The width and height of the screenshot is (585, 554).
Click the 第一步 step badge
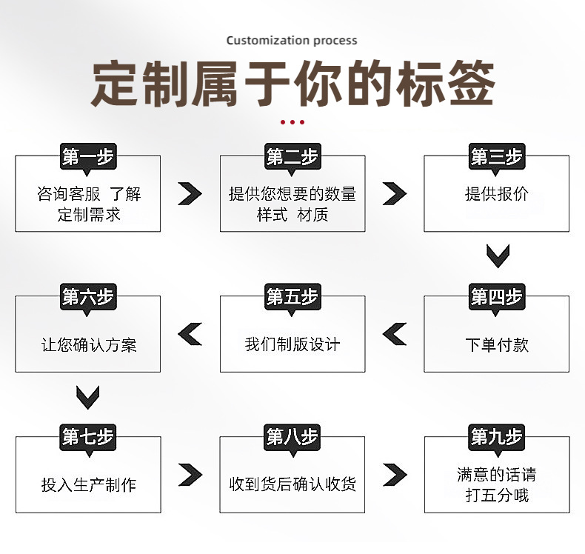click(x=88, y=157)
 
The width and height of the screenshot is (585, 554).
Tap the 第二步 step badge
click(x=292, y=157)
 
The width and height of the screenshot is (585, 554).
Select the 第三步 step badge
click(x=497, y=157)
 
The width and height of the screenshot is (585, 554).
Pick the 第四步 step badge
click(x=497, y=298)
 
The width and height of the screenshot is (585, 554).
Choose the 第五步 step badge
click(x=292, y=298)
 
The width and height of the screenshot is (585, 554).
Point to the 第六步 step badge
click(x=88, y=298)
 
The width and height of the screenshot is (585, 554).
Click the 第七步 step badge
click(x=88, y=437)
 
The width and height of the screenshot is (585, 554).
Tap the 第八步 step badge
click(x=292, y=437)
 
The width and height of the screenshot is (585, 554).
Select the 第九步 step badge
click(x=497, y=437)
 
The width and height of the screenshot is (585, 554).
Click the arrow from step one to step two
click(x=190, y=194)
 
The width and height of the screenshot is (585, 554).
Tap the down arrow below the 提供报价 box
click(x=498, y=256)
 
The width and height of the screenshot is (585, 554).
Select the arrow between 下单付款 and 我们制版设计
click(x=395, y=335)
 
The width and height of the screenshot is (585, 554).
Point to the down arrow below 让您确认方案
click(x=88, y=398)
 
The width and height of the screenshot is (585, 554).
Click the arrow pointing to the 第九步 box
click(x=395, y=474)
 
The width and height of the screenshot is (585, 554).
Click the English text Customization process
click(x=292, y=40)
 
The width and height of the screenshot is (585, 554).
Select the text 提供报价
click(x=497, y=194)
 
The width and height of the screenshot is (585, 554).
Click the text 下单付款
click(x=497, y=344)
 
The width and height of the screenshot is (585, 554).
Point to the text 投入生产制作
click(x=89, y=485)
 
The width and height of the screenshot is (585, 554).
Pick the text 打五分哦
click(x=497, y=495)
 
